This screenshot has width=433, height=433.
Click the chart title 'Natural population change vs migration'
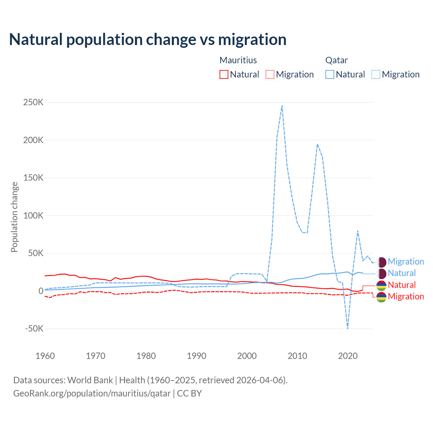[x=147, y=39]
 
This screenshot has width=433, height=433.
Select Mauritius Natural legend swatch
[x=224, y=74]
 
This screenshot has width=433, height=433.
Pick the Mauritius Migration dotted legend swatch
[x=270, y=74]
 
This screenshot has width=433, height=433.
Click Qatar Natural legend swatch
[x=329, y=74]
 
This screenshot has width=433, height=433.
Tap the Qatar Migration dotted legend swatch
[x=375, y=74]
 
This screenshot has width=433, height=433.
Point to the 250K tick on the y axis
[x=33, y=102]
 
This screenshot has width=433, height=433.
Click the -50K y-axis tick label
[x=34, y=328]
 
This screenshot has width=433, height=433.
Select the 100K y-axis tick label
[x=33, y=215]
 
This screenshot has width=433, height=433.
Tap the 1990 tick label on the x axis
[x=197, y=356]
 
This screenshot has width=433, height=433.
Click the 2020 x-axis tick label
[x=348, y=356]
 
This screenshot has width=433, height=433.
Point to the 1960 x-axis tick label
[x=45, y=356]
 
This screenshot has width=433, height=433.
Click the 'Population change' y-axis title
[x=14, y=217]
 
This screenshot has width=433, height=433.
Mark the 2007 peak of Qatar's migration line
[x=282, y=106]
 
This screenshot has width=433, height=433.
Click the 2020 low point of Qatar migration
[x=347, y=328]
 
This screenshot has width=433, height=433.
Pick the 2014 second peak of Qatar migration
[x=317, y=144]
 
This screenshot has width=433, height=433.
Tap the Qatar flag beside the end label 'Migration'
[x=381, y=262]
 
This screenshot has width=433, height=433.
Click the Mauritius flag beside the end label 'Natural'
[x=381, y=285]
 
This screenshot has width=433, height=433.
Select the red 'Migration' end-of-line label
[x=406, y=297]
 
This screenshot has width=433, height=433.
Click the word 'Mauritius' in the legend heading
[x=238, y=60]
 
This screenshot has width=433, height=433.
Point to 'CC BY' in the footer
[x=189, y=393]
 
